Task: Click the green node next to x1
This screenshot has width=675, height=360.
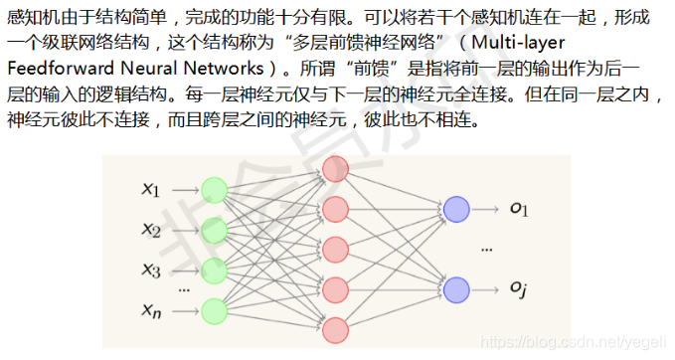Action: tap(214, 189)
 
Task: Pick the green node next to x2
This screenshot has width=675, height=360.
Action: tap(214, 230)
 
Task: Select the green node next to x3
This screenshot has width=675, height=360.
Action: tap(214, 270)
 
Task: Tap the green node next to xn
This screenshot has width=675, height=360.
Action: tap(214, 309)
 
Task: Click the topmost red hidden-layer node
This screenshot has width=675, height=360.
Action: tap(335, 169)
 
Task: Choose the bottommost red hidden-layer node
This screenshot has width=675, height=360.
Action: tap(335, 328)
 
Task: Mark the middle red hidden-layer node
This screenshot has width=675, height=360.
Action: tap(335, 249)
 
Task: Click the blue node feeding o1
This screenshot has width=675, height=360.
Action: tap(456, 210)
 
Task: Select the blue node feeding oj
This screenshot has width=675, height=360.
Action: tap(456, 289)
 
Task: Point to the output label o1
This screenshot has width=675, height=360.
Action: tap(519, 209)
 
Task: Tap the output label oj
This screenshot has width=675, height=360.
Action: tap(519, 288)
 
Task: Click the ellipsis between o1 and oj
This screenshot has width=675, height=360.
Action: tap(487, 250)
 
